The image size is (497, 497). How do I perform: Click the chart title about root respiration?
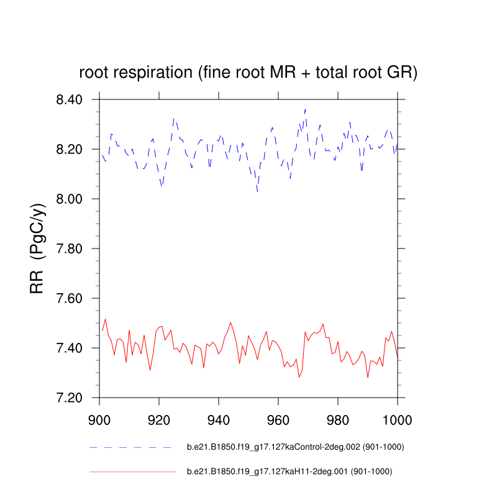click(x=248, y=73)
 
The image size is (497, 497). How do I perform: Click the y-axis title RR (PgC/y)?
click(x=37, y=248)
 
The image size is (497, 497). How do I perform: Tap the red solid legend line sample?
click(x=132, y=472)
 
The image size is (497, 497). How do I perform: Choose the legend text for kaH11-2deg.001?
click(x=289, y=472)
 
